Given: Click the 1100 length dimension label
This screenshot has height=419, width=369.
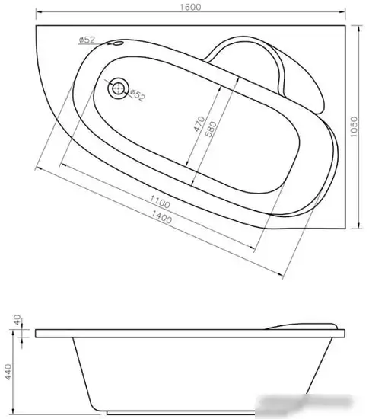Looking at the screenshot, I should point(159,203).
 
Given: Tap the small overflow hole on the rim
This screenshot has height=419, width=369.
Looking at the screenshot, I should point(116,44).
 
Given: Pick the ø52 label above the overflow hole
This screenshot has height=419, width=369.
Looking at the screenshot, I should point(86,40).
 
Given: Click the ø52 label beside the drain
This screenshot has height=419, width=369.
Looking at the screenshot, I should point(137,95).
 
